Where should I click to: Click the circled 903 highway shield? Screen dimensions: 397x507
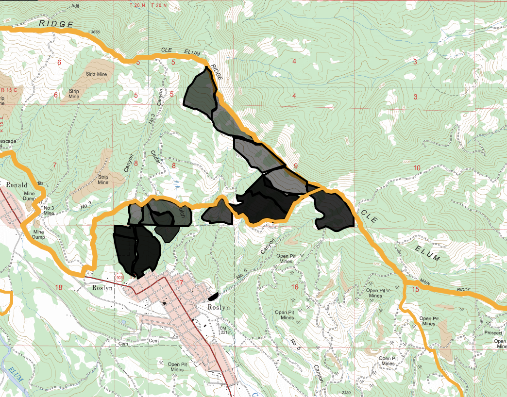click(119, 277)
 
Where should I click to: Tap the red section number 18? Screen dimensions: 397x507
click(59, 287)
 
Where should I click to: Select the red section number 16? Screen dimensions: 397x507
click(294, 287)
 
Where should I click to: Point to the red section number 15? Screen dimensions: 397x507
click(415, 289)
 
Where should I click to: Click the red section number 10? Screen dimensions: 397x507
click(416, 168)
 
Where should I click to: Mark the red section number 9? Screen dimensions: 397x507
click(295, 166)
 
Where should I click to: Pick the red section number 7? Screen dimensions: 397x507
click(54, 165)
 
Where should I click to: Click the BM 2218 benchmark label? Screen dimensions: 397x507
click(224, 330)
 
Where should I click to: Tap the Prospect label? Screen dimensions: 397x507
click(493, 333)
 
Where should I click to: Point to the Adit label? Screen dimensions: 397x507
click(75, 6)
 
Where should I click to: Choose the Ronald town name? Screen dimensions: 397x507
click(17, 185)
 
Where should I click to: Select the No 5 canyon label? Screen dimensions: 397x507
click(293, 345)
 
